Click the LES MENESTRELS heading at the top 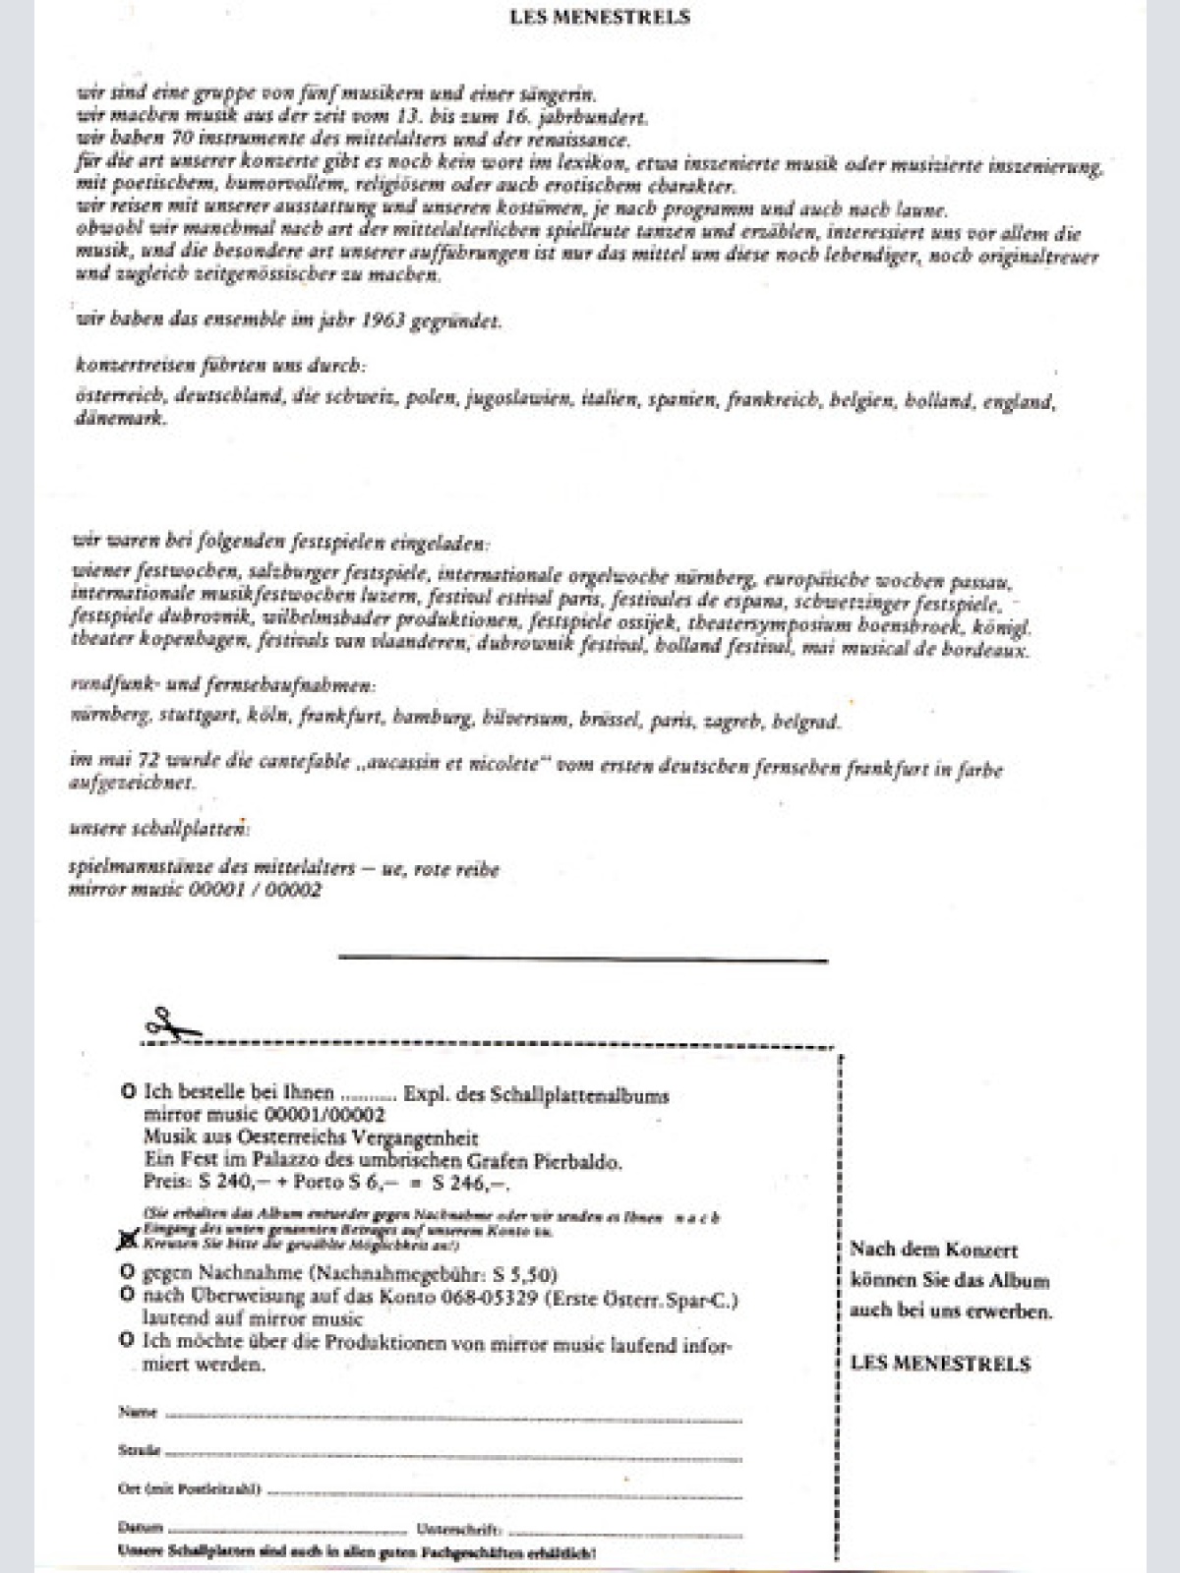tap(600, 17)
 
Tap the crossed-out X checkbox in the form tap(127, 1241)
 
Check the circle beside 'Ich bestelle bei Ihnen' tap(127, 1092)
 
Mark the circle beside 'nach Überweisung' tap(127, 1296)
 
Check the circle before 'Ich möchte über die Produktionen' tap(127, 1340)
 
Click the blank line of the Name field tap(452, 1418)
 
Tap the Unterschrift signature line tap(625, 1532)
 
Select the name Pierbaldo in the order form tap(579, 1161)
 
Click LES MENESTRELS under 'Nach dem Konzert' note tap(940, 1364)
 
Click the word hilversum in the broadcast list tap(525, 720)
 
